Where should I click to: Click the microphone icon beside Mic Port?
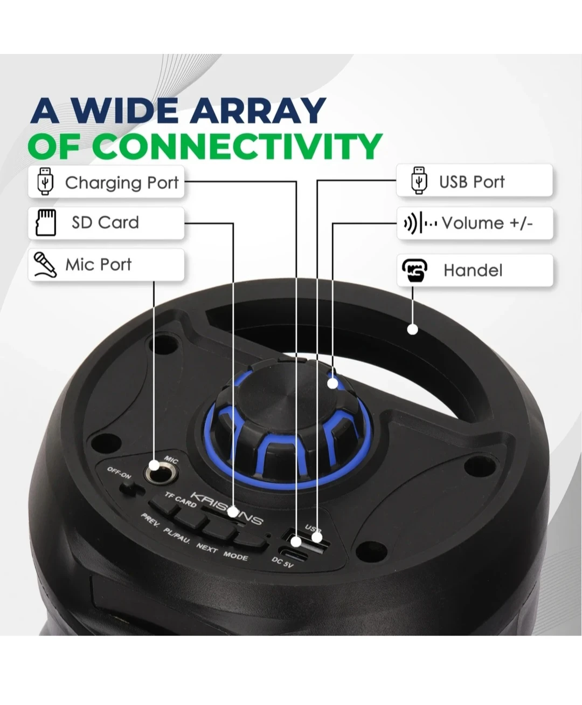tap(45, 265)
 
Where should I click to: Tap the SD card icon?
tap(46, 223)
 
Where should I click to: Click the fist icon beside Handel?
tap(414, 270)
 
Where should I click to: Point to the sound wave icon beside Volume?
tap(420, 223)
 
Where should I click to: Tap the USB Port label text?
tap(472, 182)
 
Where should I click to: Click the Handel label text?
tap(473, 270)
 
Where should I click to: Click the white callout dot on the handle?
tap(412, 329)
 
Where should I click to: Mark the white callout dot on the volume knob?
tap(332, 384)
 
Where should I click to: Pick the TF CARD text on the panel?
tap(181, 499)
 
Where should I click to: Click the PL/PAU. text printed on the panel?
tap(177, 536)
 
